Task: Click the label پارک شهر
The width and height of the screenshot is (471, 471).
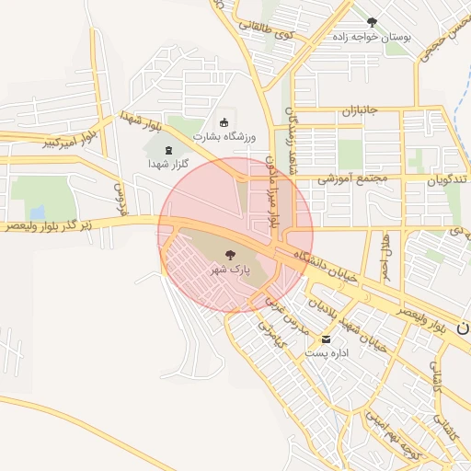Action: [229, 270]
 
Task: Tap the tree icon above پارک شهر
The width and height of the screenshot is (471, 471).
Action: [229, 254]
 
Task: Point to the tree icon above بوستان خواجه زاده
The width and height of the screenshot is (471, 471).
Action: [372, 21]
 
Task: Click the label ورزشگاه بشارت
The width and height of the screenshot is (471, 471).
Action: [224, 137]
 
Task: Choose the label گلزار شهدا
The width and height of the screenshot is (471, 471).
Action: [167, 163]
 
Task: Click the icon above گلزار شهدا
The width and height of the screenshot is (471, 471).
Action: [167, 148]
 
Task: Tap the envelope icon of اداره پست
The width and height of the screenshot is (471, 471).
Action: [327, 339]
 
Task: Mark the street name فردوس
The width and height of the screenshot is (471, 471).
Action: [118, 193]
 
